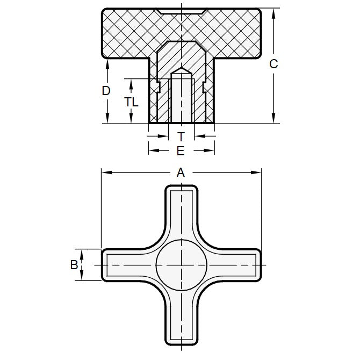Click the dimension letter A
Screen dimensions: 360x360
click(x=181, y=172)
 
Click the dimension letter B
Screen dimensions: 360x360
click(x=74, y=265)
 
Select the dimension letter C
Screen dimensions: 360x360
click(x=273, y=64)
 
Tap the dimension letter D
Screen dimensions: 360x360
click(x=106, y=91)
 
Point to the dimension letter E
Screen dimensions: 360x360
click(x=181, y=151)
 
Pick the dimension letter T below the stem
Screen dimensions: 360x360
click(x=181, y=136)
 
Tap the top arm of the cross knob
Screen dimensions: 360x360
click(x=182, y=210)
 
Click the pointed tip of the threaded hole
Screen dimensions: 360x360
click(x=182, y=69)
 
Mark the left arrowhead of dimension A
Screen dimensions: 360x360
click(x=104, y=172)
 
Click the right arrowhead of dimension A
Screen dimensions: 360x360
click(x=258, y=172)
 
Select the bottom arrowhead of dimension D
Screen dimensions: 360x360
click(x=108, y=120)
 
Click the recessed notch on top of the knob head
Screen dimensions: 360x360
click(x=181, y=11)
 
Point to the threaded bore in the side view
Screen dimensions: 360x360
click(x=182, y=99)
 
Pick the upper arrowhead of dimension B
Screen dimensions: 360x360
click(x=82, y=252)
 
